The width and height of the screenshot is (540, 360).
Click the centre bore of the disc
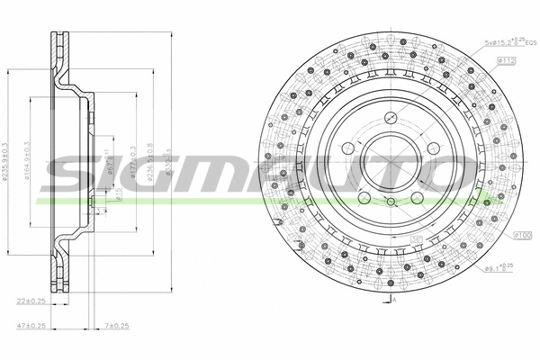391,163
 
